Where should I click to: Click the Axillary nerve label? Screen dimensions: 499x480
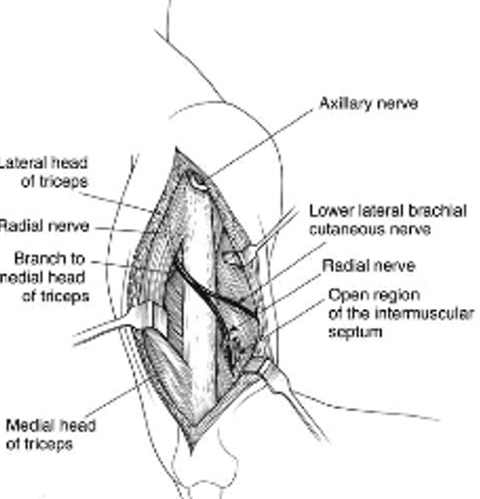click(x=368, y=104)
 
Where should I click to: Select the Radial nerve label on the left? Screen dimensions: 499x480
click(x=44, y=226)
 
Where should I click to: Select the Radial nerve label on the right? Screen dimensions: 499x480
click(x=368, y=266)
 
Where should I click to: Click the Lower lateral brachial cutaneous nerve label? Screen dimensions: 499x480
click(x=387, y=220)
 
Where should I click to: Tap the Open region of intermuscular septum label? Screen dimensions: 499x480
click(x=400, y=313)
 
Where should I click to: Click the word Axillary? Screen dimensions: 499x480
click(x=344, y=104)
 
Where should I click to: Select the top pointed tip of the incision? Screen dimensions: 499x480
click(x=176, y=149)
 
